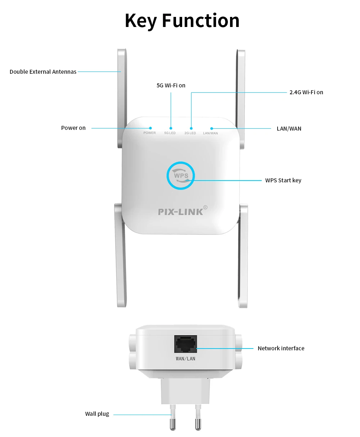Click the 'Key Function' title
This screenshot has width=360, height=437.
pos(182,21)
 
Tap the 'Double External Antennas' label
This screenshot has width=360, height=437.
pos(43,72)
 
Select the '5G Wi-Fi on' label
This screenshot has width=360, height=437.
pos(171,86)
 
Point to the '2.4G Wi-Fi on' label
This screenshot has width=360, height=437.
pos(306,92)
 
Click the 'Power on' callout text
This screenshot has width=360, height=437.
pos(73,128)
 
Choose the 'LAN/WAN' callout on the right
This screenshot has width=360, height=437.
pos(289,129)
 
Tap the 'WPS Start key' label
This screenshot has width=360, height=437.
pos(283,181)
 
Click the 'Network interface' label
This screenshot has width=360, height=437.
pos(281,348)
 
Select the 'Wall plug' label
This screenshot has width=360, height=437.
pos(97,414)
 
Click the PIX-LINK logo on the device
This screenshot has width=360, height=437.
pos(180,212)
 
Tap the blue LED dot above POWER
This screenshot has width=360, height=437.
pos(150,128)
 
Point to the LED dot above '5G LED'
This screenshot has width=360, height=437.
pos(171,128)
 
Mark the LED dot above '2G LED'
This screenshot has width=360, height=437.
pos(191,128)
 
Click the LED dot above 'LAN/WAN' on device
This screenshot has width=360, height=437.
pos(212,128)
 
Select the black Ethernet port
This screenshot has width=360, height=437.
pos(186,344)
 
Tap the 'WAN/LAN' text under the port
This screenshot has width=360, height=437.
pos(185,359)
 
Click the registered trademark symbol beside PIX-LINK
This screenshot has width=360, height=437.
pos(206,207)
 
